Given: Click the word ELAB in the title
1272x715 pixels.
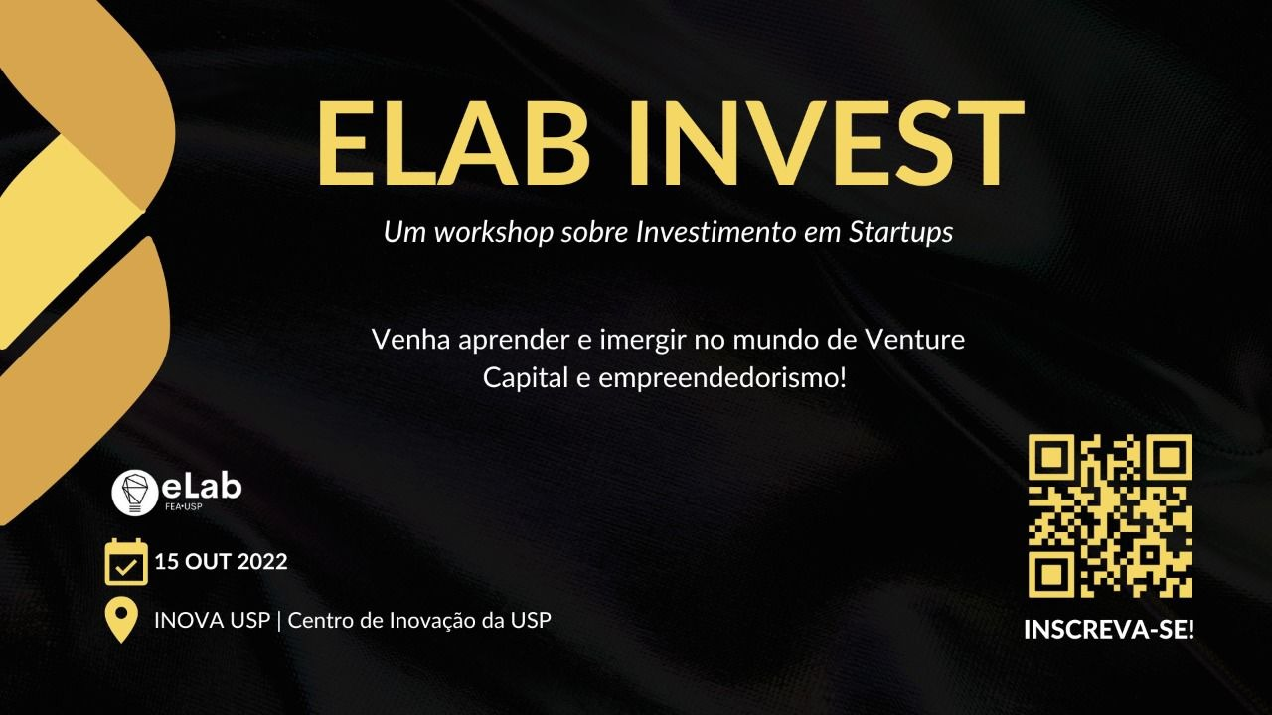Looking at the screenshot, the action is (x=453, y=143).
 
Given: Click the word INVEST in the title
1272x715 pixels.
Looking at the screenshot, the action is (x=825, y=143).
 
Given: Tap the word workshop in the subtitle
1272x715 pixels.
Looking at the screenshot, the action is (x=494, y=232).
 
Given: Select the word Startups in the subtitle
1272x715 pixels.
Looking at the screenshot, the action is (x=900, y=232).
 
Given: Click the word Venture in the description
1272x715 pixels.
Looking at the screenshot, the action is (x=914, y=340).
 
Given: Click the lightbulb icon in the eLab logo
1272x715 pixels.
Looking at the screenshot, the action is (x=134, y=492).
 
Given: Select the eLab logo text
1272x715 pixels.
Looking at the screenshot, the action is (x=202, y=487).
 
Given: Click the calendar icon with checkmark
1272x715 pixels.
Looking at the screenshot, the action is (x=126, y=562).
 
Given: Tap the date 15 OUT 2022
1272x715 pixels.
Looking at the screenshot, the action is (x=221, y=562).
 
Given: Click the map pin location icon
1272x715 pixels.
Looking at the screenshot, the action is (x=121, y=621).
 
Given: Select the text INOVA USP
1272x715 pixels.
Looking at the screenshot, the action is (x=212, y=621).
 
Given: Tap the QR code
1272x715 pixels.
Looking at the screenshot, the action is (x=1110, y=516).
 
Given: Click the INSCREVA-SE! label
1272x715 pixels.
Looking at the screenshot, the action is (x=1109, y=630).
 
